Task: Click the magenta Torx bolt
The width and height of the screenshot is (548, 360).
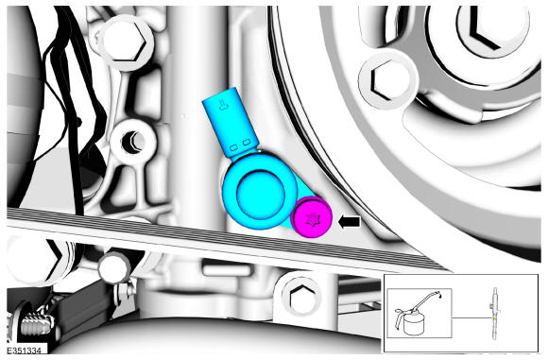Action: [311, 217]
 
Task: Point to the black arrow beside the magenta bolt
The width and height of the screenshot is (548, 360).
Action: [350, 222]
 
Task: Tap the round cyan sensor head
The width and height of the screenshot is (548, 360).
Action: [259, 192]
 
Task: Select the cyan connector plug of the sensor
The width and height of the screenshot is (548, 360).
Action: [230, 121]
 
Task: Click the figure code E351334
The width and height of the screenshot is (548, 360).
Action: [24, 351]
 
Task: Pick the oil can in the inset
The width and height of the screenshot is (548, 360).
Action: [416, 316]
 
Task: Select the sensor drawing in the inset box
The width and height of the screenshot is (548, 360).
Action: [495, 314]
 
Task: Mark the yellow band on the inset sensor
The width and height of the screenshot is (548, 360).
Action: [495, 319]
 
